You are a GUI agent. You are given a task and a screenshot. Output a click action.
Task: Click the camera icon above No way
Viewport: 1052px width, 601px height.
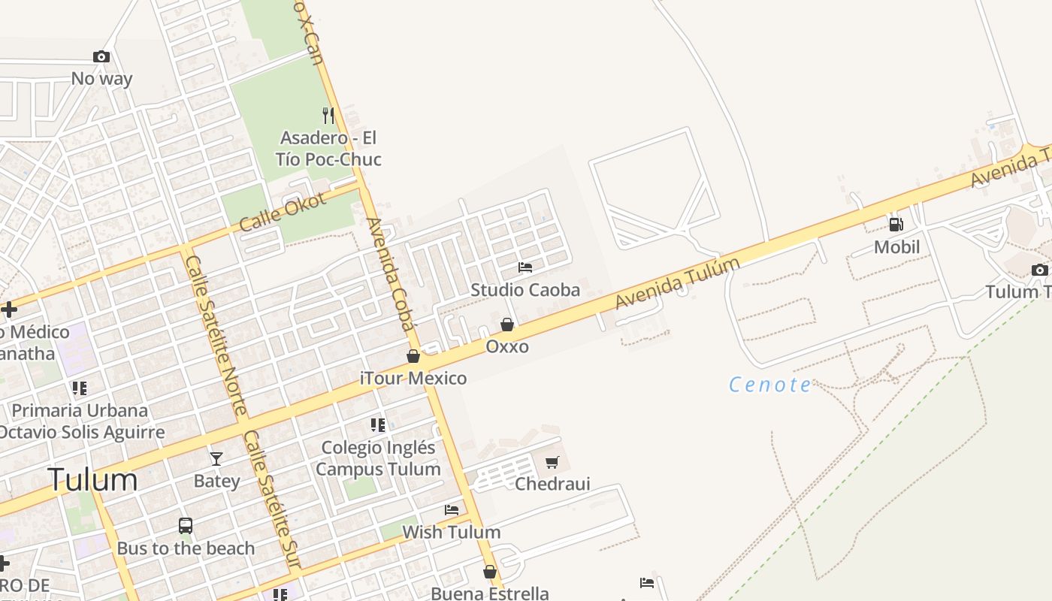point(101,57)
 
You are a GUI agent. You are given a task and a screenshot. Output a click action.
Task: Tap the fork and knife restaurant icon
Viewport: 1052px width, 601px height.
point(328,116)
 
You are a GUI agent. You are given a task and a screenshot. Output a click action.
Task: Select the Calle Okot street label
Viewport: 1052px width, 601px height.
point(283,212)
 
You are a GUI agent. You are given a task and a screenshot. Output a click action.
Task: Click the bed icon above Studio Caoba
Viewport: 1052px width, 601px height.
point(525,267)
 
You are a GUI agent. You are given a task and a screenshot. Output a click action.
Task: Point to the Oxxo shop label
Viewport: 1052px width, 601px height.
point(507,346)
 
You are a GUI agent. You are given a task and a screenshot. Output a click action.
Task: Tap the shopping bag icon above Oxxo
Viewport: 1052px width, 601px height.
point(507,325)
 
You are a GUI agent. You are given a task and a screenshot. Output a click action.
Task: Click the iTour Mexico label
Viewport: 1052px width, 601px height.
point(413,378)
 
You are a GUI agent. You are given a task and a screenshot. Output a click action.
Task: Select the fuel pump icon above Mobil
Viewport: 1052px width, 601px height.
point(896,224)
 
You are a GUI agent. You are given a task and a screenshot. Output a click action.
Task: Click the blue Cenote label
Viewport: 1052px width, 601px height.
point(770,385)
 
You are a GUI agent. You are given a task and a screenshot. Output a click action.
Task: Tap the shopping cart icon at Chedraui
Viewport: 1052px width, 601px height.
point(552,462)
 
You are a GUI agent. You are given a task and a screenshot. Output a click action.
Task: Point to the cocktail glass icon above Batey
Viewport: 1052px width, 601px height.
point(216,458)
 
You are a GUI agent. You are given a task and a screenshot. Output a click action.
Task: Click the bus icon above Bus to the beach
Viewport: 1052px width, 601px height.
point(186,526)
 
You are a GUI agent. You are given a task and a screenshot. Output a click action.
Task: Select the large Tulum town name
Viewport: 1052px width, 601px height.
point(93,479)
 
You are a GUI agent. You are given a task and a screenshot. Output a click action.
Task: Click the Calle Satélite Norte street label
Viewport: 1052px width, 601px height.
point(216,335)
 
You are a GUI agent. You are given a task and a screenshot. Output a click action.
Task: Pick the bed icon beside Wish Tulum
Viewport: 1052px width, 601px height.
point(452,510)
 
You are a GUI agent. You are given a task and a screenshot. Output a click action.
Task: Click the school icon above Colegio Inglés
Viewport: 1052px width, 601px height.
point(378,425)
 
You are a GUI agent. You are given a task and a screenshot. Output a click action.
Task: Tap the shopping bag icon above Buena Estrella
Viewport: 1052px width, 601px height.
point(490,572)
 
